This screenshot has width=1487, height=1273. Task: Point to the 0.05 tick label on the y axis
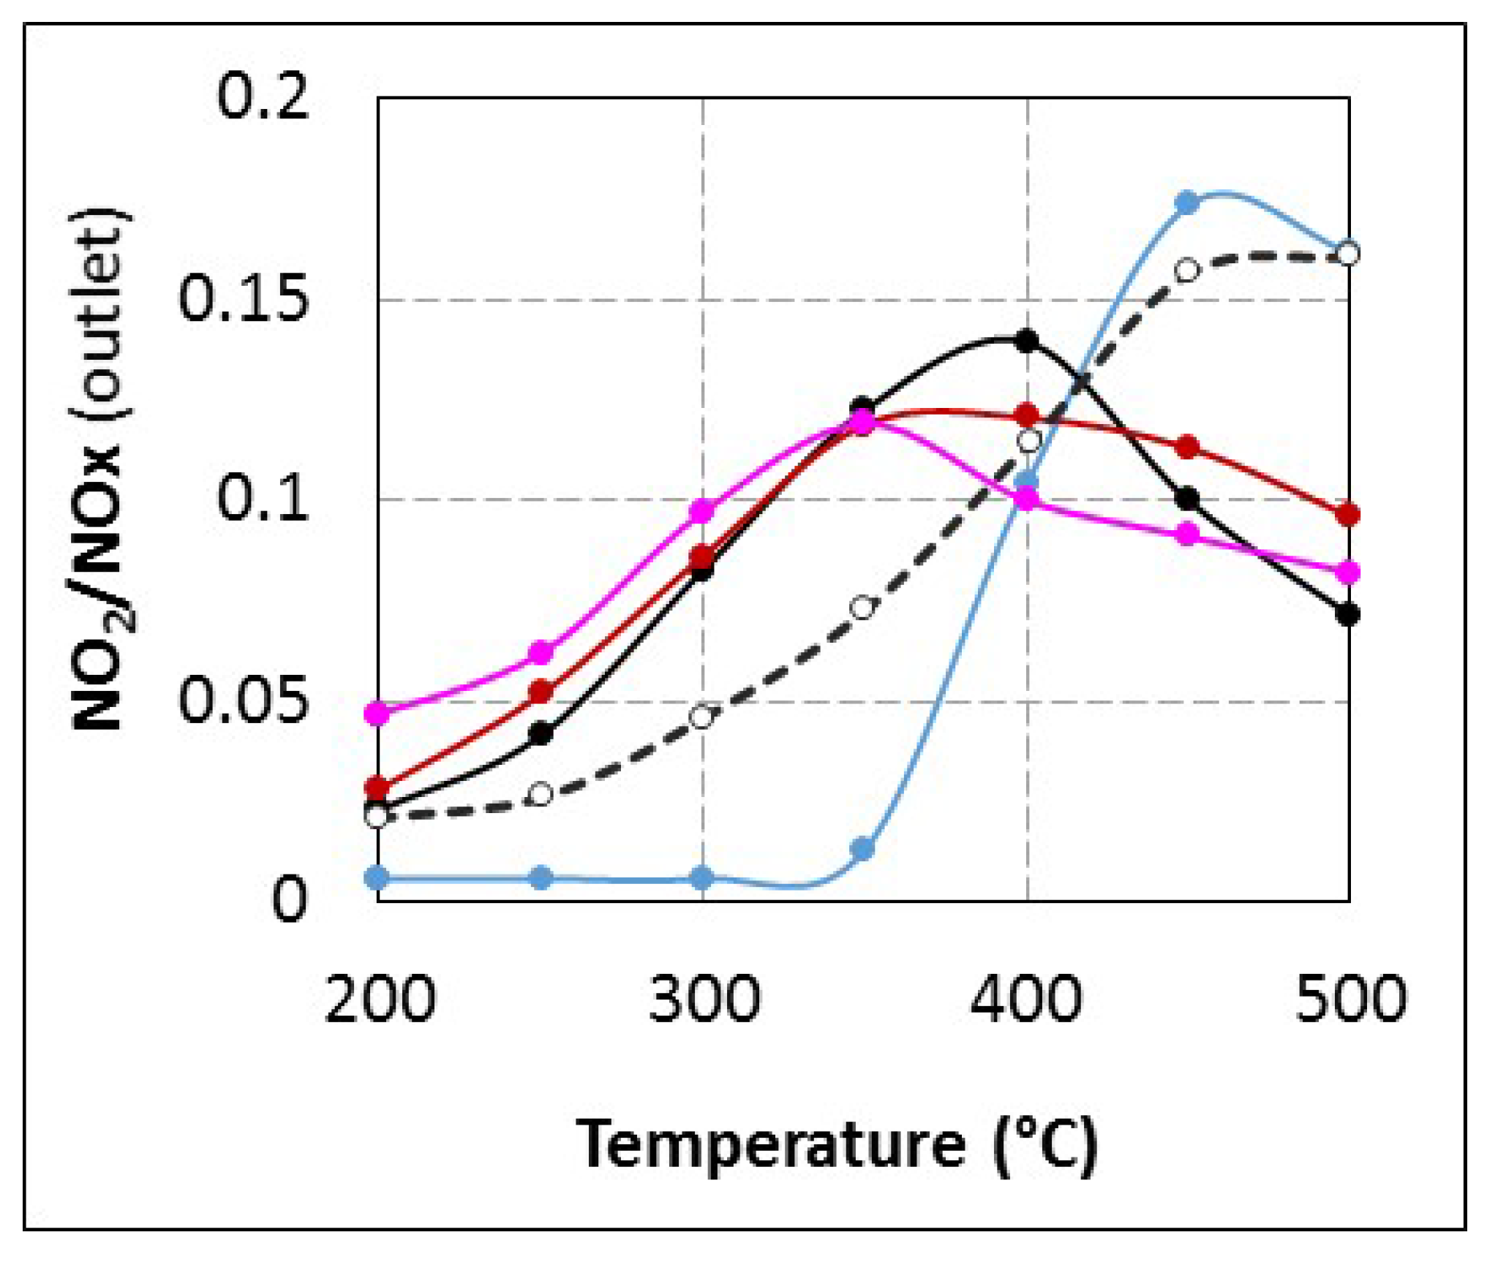(242, 700)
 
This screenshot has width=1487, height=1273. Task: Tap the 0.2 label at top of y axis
(263, 97)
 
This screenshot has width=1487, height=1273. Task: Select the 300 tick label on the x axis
(704, 1000)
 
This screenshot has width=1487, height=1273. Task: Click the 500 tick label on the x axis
(1350, 1000)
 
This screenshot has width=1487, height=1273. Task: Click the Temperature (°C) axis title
(837, 1144)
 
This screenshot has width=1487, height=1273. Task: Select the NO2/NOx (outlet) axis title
(103, 469)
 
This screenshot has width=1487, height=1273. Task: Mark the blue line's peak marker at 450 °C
(1187, 203)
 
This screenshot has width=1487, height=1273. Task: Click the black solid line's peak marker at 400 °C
(1027, 340)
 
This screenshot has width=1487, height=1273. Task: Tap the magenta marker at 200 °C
(377, 712)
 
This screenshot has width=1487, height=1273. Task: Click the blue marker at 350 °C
(863, 849)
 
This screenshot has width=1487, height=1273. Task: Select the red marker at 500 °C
(1347, 514)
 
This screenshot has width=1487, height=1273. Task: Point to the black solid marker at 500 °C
(1347, 613)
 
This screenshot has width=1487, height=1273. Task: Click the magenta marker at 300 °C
(702, 510)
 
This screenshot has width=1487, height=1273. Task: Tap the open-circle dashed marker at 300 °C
(702, 717)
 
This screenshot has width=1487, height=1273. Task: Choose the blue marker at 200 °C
(377, 877)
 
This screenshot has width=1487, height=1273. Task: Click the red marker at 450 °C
(1187, 447)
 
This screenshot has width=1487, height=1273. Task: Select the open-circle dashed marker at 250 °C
(540, 794)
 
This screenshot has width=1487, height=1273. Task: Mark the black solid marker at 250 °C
(540, 733)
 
